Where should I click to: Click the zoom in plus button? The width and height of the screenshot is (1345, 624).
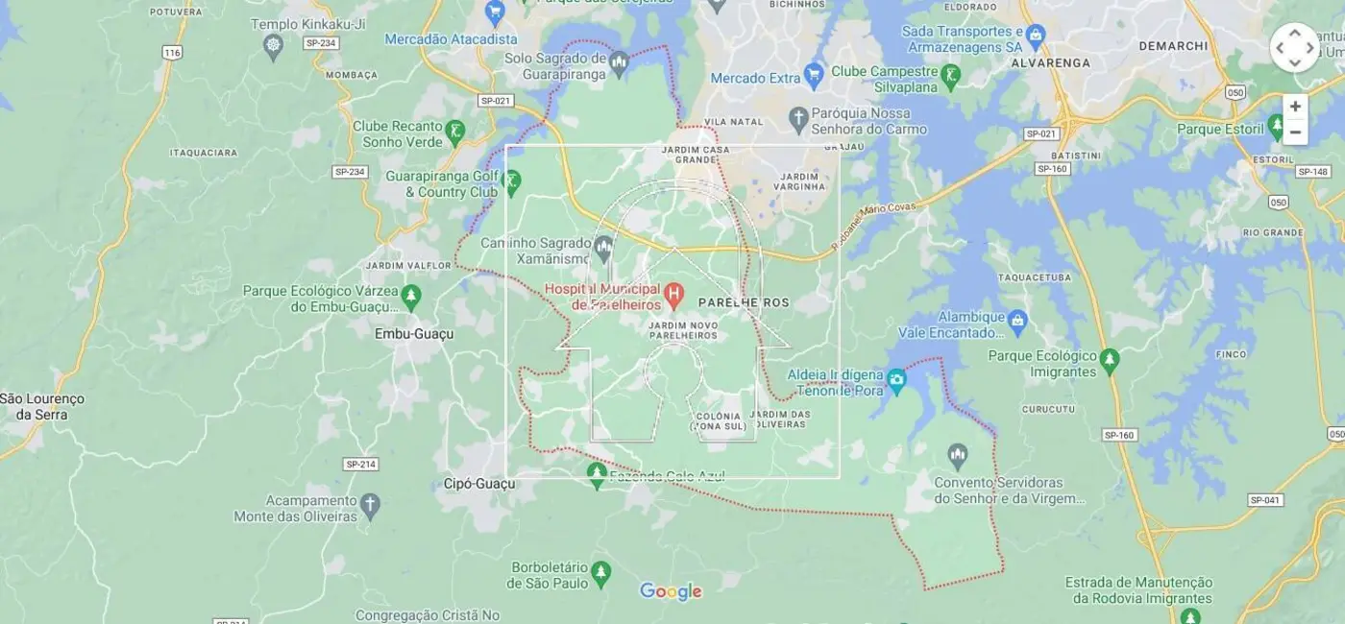[x=1294, y=107]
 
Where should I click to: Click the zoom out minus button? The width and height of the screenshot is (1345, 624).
[x=1294, y=132]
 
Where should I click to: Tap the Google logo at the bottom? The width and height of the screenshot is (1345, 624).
[x=671, y=591]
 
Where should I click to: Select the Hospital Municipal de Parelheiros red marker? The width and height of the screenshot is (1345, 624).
[x=674, y=294]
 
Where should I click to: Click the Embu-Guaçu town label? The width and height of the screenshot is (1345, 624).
[x=413, y=334]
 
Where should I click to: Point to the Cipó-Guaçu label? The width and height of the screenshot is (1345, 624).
[x=479, y=484]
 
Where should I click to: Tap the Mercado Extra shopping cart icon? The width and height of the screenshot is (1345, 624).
[x=815, y=73]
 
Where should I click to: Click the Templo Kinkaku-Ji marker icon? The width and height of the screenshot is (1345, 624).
[x=274, y=45]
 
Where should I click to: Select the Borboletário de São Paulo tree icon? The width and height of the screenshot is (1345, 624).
[x=601, y=572]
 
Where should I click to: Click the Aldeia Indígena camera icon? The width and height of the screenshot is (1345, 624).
[x=896, y=381]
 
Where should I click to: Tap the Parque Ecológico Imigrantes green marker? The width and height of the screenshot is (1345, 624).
[x=1110, y=360]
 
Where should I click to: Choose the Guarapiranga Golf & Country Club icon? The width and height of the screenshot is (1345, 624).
[x=511, y=180]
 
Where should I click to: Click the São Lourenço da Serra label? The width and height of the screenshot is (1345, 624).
[x=41, y=406]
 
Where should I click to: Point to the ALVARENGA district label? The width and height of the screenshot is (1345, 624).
[x=1050, y=62]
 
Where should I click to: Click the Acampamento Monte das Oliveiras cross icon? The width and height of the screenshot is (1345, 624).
[x=371, y=503]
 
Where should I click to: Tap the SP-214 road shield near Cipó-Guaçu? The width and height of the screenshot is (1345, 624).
[x=360, y=465]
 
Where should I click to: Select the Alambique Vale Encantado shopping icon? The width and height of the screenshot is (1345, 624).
[x=1018, y=319]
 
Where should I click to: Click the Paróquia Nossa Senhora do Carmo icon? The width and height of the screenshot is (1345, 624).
[x=798, y=119]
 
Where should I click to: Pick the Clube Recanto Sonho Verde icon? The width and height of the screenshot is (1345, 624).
[x=455, y=130]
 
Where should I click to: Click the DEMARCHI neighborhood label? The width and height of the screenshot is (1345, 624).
[x=1172, y=45]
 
